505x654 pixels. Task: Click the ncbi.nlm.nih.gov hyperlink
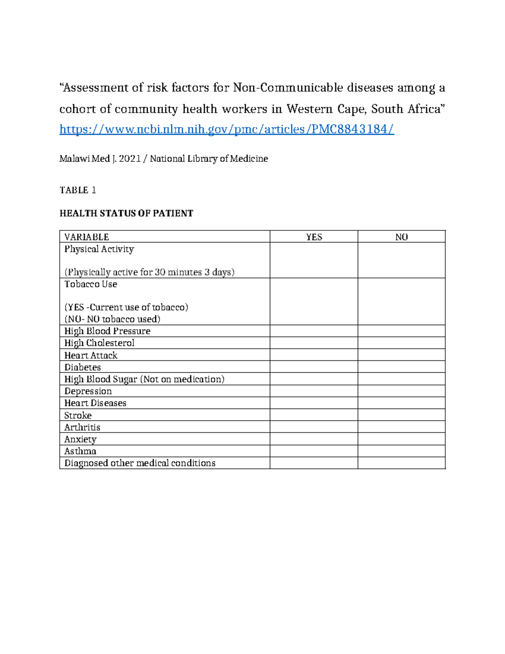tap(226, 129)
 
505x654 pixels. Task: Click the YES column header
tap(314, 237)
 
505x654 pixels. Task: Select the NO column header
tap(401, 237)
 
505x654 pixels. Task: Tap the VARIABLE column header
tap(87, 237)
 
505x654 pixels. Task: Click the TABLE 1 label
tap(78, 190)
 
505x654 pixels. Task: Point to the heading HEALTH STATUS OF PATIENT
tap(126, 214)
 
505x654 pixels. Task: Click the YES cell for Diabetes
tap(314, 367)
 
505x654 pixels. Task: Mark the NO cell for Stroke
tap(401, 415)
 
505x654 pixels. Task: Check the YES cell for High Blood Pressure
tap(314, 331)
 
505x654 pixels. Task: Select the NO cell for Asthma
tap(401, 451)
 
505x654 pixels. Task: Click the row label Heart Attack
tap(91, 355)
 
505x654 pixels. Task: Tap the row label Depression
tap(88, 391)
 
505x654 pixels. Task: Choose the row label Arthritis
tap(82, 427)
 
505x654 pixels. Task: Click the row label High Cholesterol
tap(99, 343)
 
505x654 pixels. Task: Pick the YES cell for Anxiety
tap(314, 439)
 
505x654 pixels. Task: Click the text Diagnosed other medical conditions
tap(140, 463)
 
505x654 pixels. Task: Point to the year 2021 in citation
tap(130, 159)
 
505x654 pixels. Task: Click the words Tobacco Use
tap(90, 284)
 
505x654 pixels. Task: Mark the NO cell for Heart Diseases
tap(401, 403)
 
